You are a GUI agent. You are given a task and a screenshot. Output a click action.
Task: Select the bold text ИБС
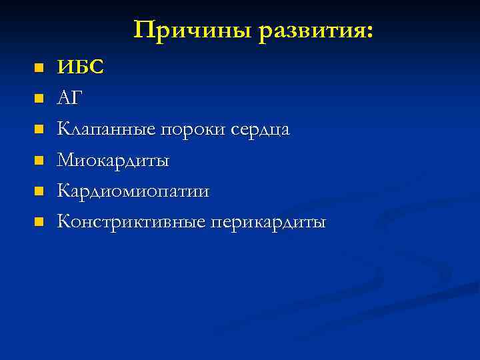81,67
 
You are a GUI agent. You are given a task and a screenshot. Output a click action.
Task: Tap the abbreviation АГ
70,98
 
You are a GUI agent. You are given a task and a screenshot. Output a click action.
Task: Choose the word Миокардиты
113,160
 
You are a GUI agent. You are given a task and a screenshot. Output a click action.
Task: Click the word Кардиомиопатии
133,191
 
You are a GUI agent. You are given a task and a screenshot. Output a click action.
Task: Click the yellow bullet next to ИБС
39,68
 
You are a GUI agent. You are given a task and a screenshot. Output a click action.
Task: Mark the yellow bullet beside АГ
39,99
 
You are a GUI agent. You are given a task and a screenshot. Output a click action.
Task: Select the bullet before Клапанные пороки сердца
39,129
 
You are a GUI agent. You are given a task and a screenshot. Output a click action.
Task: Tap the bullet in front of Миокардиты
39,160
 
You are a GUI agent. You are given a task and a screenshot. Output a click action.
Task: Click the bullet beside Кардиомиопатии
39,191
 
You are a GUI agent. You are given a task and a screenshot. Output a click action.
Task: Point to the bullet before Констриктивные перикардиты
39,221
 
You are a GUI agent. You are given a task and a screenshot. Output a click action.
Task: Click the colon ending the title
369,33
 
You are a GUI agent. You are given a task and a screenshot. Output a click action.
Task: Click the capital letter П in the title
142,29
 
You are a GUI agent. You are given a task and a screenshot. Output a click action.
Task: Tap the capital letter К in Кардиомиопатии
63,191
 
